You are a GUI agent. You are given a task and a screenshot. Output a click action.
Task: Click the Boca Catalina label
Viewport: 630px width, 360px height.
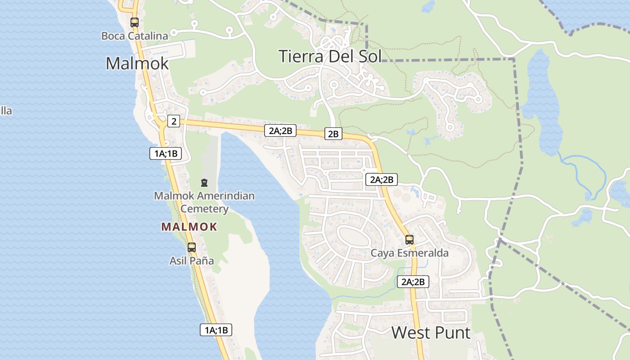click(135, 36)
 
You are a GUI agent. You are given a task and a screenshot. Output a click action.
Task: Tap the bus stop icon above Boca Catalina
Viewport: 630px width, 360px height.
click(134, 22)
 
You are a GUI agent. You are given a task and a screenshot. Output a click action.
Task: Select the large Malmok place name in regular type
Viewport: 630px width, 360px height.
click(137, 63)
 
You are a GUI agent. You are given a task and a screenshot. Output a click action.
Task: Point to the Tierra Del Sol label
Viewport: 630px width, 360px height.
click(330, 56)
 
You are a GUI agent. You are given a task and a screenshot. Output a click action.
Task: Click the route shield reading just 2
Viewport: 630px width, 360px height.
click(173, 121)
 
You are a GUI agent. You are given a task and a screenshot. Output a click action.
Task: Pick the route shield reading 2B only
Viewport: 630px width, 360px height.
click(333, 134)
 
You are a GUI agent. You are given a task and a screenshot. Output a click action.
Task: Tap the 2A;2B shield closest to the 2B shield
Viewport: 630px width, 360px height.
click(280, 130)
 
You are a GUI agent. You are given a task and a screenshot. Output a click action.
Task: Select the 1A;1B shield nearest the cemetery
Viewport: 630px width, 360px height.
click(165, 153)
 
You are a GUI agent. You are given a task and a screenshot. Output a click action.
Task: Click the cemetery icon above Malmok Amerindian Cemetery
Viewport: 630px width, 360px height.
click(204, 183)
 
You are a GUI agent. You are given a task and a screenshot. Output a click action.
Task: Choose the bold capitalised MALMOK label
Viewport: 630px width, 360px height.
click(189, 227)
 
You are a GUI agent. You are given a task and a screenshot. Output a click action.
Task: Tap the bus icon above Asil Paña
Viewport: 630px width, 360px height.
click(191, 247)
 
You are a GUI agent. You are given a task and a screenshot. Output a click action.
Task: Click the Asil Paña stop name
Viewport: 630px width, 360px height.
click(191, 261)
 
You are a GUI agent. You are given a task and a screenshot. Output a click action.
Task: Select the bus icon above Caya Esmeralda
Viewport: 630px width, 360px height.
click(409, 239)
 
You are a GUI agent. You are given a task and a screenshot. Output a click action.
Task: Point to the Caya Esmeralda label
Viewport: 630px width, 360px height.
click(409, 253)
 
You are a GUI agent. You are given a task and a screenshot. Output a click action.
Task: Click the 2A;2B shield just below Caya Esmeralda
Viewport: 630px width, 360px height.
click(413, 282)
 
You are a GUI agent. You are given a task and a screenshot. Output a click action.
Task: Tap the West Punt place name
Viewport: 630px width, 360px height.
click(431, 333)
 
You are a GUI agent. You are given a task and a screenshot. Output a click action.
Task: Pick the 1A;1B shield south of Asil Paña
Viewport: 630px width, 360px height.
click(216, 329)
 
